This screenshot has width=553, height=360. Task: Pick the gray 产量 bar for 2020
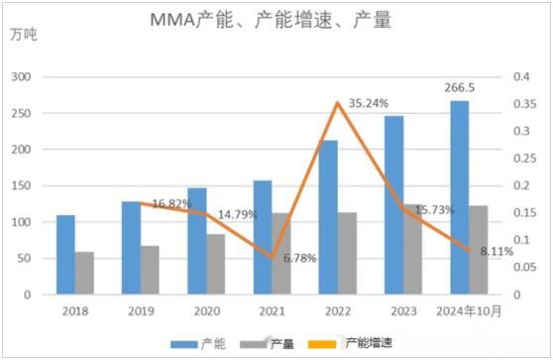(215, 265)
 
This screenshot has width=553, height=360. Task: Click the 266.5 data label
(460, 87)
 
